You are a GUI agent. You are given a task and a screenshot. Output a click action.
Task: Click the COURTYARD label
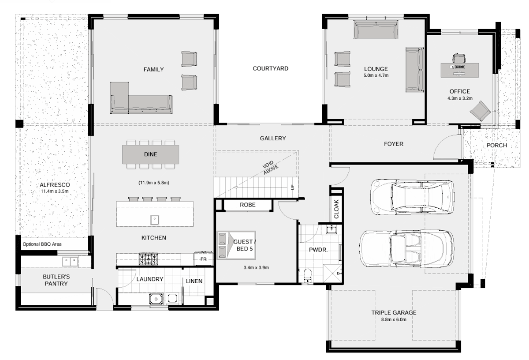tap(270, 68)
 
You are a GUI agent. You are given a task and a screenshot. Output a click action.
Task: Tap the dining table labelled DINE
tap(150, 154)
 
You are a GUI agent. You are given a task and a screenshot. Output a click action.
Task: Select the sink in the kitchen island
tap(155, 220)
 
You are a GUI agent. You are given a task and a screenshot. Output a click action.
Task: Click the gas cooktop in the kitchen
tap(148, 259)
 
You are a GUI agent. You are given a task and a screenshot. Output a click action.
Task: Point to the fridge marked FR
tap(203, 259)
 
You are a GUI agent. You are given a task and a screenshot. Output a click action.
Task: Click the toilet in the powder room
tap(307, 276)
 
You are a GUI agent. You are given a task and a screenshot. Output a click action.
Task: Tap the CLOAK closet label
tap(336, 209)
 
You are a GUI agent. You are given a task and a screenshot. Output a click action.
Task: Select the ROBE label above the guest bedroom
tap(247, 205)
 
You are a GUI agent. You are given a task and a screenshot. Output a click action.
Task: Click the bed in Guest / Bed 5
tap(236, 245)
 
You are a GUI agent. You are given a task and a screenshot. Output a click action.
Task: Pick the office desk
tap(459, 70)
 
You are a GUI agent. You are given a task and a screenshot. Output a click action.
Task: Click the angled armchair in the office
tap(480, 111)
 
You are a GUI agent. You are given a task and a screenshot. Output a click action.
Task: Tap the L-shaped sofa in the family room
tap(141, 98)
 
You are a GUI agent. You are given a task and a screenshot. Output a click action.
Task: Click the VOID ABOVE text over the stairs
tap(270, 167)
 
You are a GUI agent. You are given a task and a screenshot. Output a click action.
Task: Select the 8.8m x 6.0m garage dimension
tap(394, 319)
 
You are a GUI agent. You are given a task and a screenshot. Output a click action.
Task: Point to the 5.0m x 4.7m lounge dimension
tap(376, 75)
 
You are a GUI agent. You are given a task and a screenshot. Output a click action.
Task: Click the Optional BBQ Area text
tap(42, 244)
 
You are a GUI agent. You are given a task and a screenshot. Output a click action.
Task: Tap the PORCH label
tap(497, 146)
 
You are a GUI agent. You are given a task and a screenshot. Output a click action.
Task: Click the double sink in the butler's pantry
tap(70, 262)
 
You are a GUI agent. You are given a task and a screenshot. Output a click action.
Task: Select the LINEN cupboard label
tap(194, 281)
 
